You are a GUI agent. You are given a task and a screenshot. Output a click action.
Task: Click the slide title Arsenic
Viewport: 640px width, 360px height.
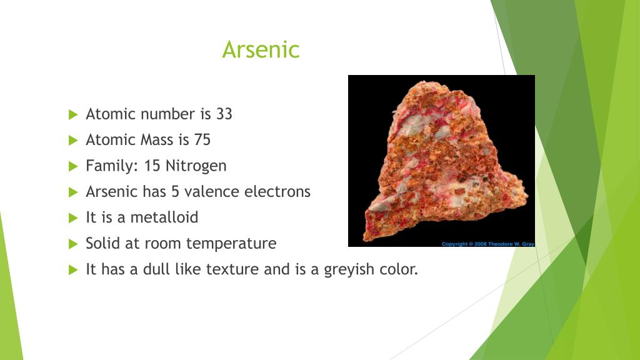[x=261, y=49]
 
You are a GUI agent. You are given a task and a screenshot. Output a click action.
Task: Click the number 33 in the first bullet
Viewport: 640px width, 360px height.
[x=224, y=114]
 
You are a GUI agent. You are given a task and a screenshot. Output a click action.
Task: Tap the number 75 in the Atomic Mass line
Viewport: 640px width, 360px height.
[x=202, y=140]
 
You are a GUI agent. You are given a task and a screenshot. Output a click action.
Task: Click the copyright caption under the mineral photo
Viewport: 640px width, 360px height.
[x=487, y=244]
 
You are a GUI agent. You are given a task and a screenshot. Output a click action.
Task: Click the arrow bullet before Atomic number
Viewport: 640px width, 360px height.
[x=73, y=114]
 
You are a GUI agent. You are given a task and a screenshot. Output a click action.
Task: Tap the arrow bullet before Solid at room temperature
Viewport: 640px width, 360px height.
[x=73, y=244]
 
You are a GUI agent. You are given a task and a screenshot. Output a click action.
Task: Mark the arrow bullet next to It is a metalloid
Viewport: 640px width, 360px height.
[x=73, y=218]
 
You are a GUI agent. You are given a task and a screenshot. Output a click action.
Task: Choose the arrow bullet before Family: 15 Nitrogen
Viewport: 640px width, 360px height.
[x=73, y=166]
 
